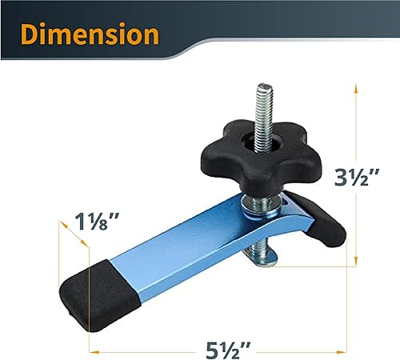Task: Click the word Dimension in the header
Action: [90, 35]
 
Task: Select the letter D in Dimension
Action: [33, 35]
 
